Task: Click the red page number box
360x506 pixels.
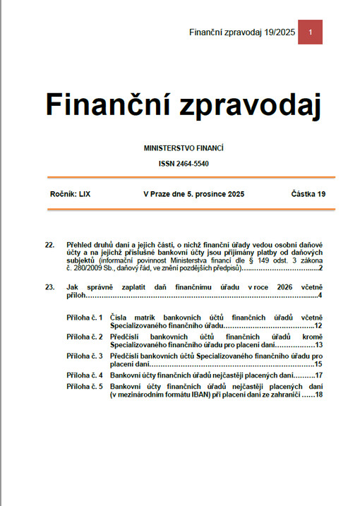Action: pos(310,32)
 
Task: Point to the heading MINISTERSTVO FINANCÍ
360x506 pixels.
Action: pos(184,148)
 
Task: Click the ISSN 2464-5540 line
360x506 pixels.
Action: pos(184,164)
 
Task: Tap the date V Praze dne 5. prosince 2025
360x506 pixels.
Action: pos(193,193)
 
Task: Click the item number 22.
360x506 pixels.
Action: pos(49,245)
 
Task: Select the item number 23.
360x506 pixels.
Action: pos(49,287)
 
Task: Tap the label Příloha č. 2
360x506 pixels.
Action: pos(85,337)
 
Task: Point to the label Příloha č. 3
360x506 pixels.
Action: pos(85,356)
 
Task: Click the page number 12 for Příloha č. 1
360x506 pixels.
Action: pos(318,326)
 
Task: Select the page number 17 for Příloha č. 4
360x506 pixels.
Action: pos(318,375)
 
